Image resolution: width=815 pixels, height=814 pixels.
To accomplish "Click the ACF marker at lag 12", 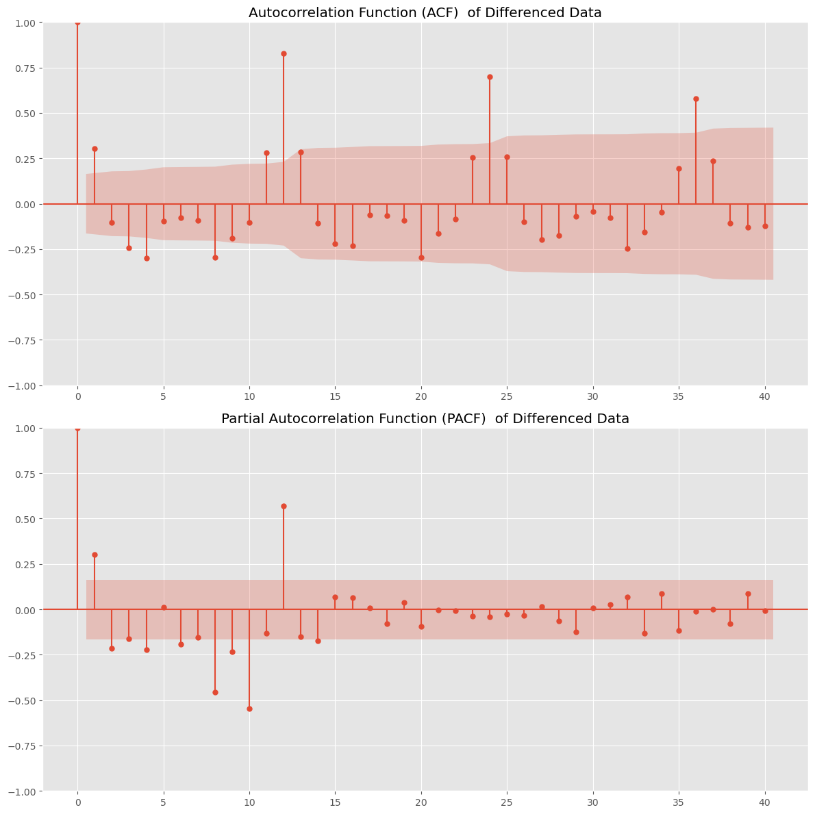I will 284,53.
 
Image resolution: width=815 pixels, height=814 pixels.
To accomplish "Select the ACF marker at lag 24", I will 490,77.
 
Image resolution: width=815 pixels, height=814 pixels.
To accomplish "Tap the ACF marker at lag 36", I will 696,99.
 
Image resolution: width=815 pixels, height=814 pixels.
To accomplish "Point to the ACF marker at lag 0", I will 77,22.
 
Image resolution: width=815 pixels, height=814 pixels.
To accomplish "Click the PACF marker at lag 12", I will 284,506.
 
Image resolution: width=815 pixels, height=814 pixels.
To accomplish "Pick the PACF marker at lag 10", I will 249,709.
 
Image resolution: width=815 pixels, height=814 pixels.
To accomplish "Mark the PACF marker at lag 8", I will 215,692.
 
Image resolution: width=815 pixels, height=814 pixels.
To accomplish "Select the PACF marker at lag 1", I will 95,555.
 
